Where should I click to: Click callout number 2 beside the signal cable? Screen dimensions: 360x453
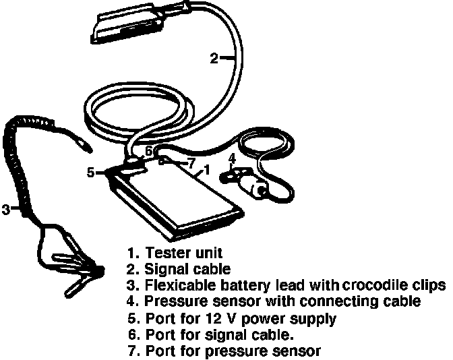pos(213,59)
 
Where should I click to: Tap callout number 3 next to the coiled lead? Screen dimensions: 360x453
pos(5,210)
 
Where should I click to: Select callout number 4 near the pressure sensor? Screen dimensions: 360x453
pos(231,160)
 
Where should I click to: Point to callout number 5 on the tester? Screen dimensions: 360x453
pos(91,172)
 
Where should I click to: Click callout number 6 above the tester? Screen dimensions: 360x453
pos(149,150)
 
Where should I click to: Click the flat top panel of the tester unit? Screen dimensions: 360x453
pos(178,196)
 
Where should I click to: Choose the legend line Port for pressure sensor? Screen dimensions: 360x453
pos(233,351)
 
